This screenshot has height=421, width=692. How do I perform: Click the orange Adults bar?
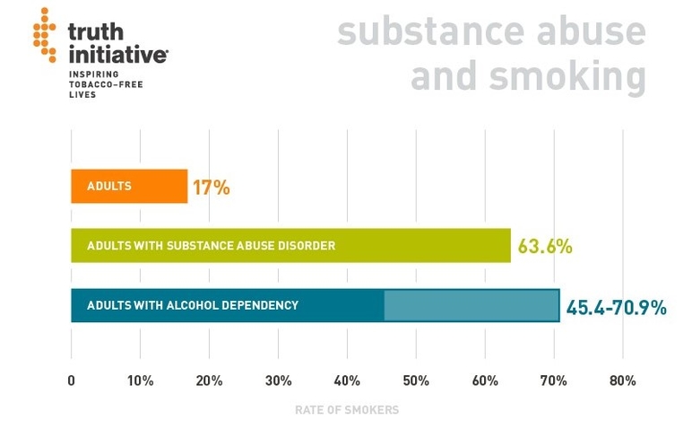(x=129, y=187)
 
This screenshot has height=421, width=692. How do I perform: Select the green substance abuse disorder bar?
(x=290, y=245)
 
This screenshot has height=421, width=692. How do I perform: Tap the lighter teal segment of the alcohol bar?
(x=471, y=305)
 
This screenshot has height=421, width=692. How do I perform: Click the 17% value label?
(x=211, y=188)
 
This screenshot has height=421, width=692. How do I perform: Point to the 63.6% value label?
(x=544, y=246)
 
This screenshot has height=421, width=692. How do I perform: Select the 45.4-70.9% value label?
(x=617, y=307)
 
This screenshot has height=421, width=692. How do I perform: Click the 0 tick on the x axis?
(x=72, y=381)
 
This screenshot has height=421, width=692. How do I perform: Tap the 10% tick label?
(x=140, y=381)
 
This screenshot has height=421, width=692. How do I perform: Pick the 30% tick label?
(x=278, y=381)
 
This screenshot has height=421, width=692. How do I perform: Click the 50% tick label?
(x=416, y=381)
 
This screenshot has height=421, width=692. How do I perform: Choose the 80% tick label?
(x=622, y=381)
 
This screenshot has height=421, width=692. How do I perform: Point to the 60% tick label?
(x=485, y=381)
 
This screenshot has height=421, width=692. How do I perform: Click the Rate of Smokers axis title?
(x=347, y=409)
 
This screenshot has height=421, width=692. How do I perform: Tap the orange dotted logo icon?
(x=44, y=34)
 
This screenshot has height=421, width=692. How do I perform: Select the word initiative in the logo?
(x=117, y=53)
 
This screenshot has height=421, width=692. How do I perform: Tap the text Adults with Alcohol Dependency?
(x=193, y=305)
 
